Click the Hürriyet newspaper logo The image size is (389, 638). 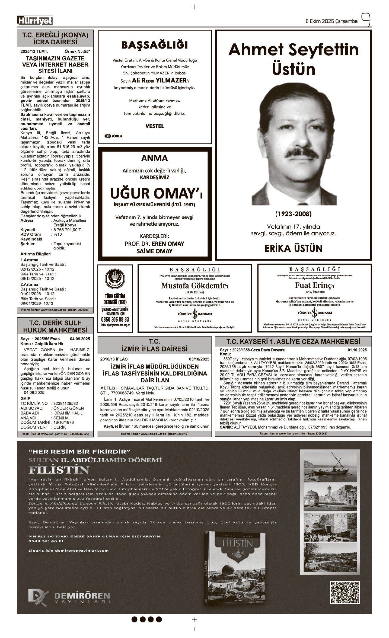coord(35,21)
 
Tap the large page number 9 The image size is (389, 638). coord(365,20)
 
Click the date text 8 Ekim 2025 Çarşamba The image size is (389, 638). coord(332,21)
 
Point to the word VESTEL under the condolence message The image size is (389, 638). coord(154,126)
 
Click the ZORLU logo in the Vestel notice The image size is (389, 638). coord(113,136)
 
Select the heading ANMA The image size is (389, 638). coord(154,158)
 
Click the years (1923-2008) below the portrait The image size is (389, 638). coord(293,214)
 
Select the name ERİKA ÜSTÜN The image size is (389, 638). coord(293,248)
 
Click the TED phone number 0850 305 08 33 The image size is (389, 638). coord(115,319)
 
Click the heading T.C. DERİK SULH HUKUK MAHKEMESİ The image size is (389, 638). coord(55,326)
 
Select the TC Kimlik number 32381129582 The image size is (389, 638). coord(65,403)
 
